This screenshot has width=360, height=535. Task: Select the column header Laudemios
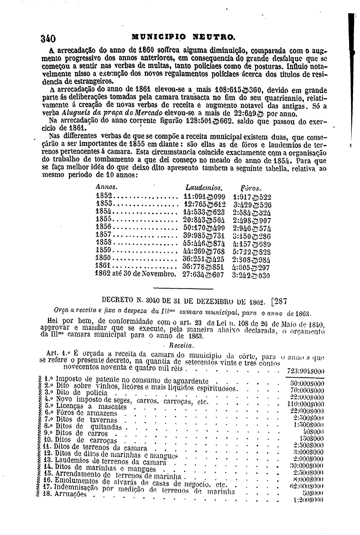pyautogui.click(x=203, y=187)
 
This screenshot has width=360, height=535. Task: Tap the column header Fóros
pyautogui.click(x=250, y=188)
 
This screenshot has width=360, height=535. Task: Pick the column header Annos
pyautogui.click(x=106, y=187)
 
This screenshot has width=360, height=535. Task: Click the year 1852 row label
pyautogui.click(x=104, y=196)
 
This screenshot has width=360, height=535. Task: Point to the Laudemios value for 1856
pyautogui.click(x=204, y=227)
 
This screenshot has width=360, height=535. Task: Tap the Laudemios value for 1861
pyautogui.click(x=204, y=267)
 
